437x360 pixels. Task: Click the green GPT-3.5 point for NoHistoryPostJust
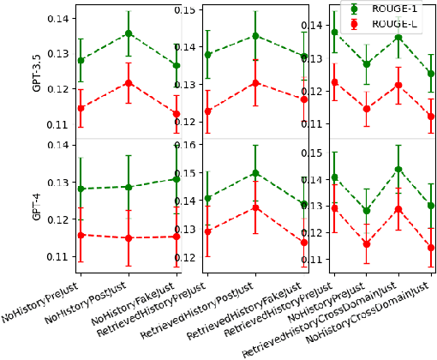(128, 33)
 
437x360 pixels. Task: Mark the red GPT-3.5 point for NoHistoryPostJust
(128, 83)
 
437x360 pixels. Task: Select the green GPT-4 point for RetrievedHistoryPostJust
(254, 173)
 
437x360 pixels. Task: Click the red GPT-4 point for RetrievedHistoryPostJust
(254, 207)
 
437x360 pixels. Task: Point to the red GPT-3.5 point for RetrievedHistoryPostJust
(254, 83)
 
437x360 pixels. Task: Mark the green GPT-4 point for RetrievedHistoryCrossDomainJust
(398, 169)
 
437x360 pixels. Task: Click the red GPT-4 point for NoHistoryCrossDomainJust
(430, 248)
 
